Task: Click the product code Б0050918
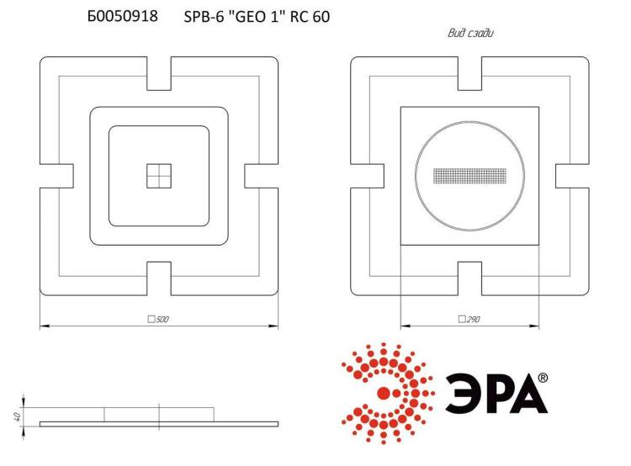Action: (x=122, y=16)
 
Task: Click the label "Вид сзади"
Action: (x=470, y=33)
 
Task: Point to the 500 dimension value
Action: (x=162, y=319)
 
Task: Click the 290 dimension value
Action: (x=473, y=319)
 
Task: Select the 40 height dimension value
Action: (x=17, y=416)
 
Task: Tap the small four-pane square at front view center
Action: (x=159, y=176)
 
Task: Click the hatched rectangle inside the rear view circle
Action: (x=469, y=176)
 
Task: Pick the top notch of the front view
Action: (x=159, y=73)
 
